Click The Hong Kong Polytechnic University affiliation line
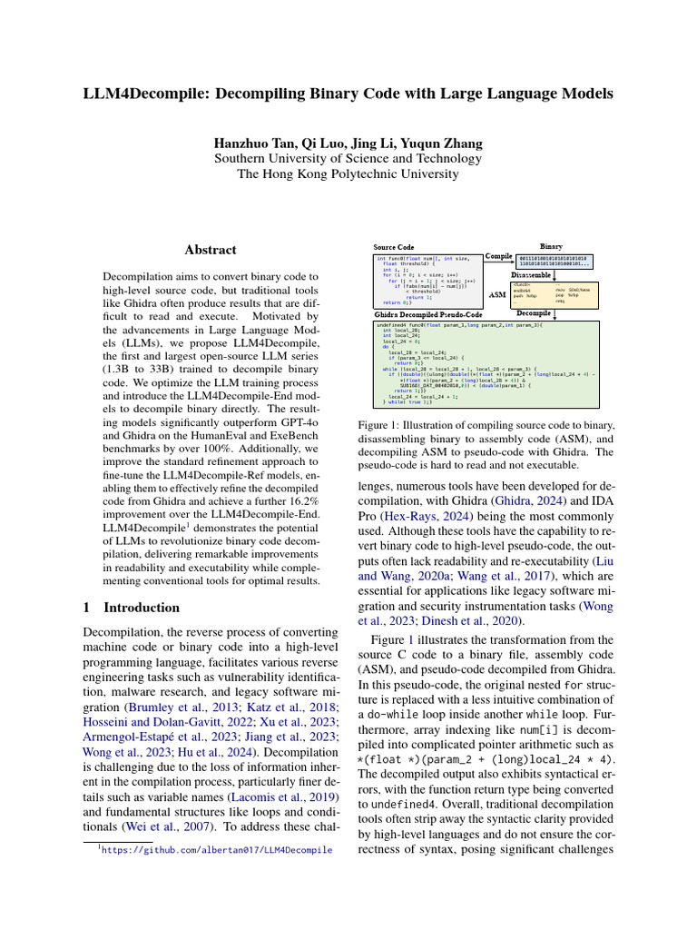click(348, 173)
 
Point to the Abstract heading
click(211, 250)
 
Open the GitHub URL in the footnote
click(216, 850)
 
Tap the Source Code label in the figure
click(395, 247)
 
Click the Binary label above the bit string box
click(551, 246)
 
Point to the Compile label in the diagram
click(499, 256)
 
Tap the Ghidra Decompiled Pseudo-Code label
click(428, 313)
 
